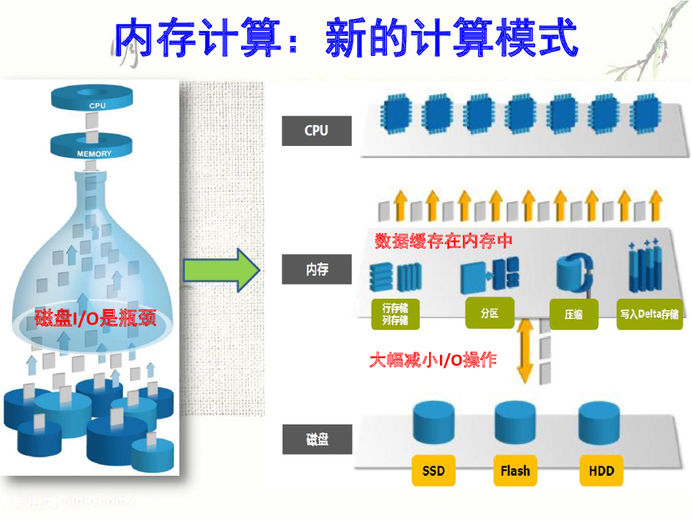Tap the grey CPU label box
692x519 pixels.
click(316, 131)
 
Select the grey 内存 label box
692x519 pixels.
click(316, 270)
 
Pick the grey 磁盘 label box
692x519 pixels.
click(316, 440)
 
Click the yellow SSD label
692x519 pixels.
click(433, 471)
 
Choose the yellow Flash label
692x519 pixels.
click(515, 471)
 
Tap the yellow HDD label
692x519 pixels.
click(600, 471)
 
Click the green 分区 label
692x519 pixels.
click(489, 314)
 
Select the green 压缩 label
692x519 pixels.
click(574, 314)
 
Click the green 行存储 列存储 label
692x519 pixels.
click(395, 314)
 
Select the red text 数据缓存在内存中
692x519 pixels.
click(443, 241)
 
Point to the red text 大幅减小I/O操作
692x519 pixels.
click(433, 360)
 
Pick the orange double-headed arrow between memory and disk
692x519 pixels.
click(525, 351)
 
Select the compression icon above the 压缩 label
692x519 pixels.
click(574, 273)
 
